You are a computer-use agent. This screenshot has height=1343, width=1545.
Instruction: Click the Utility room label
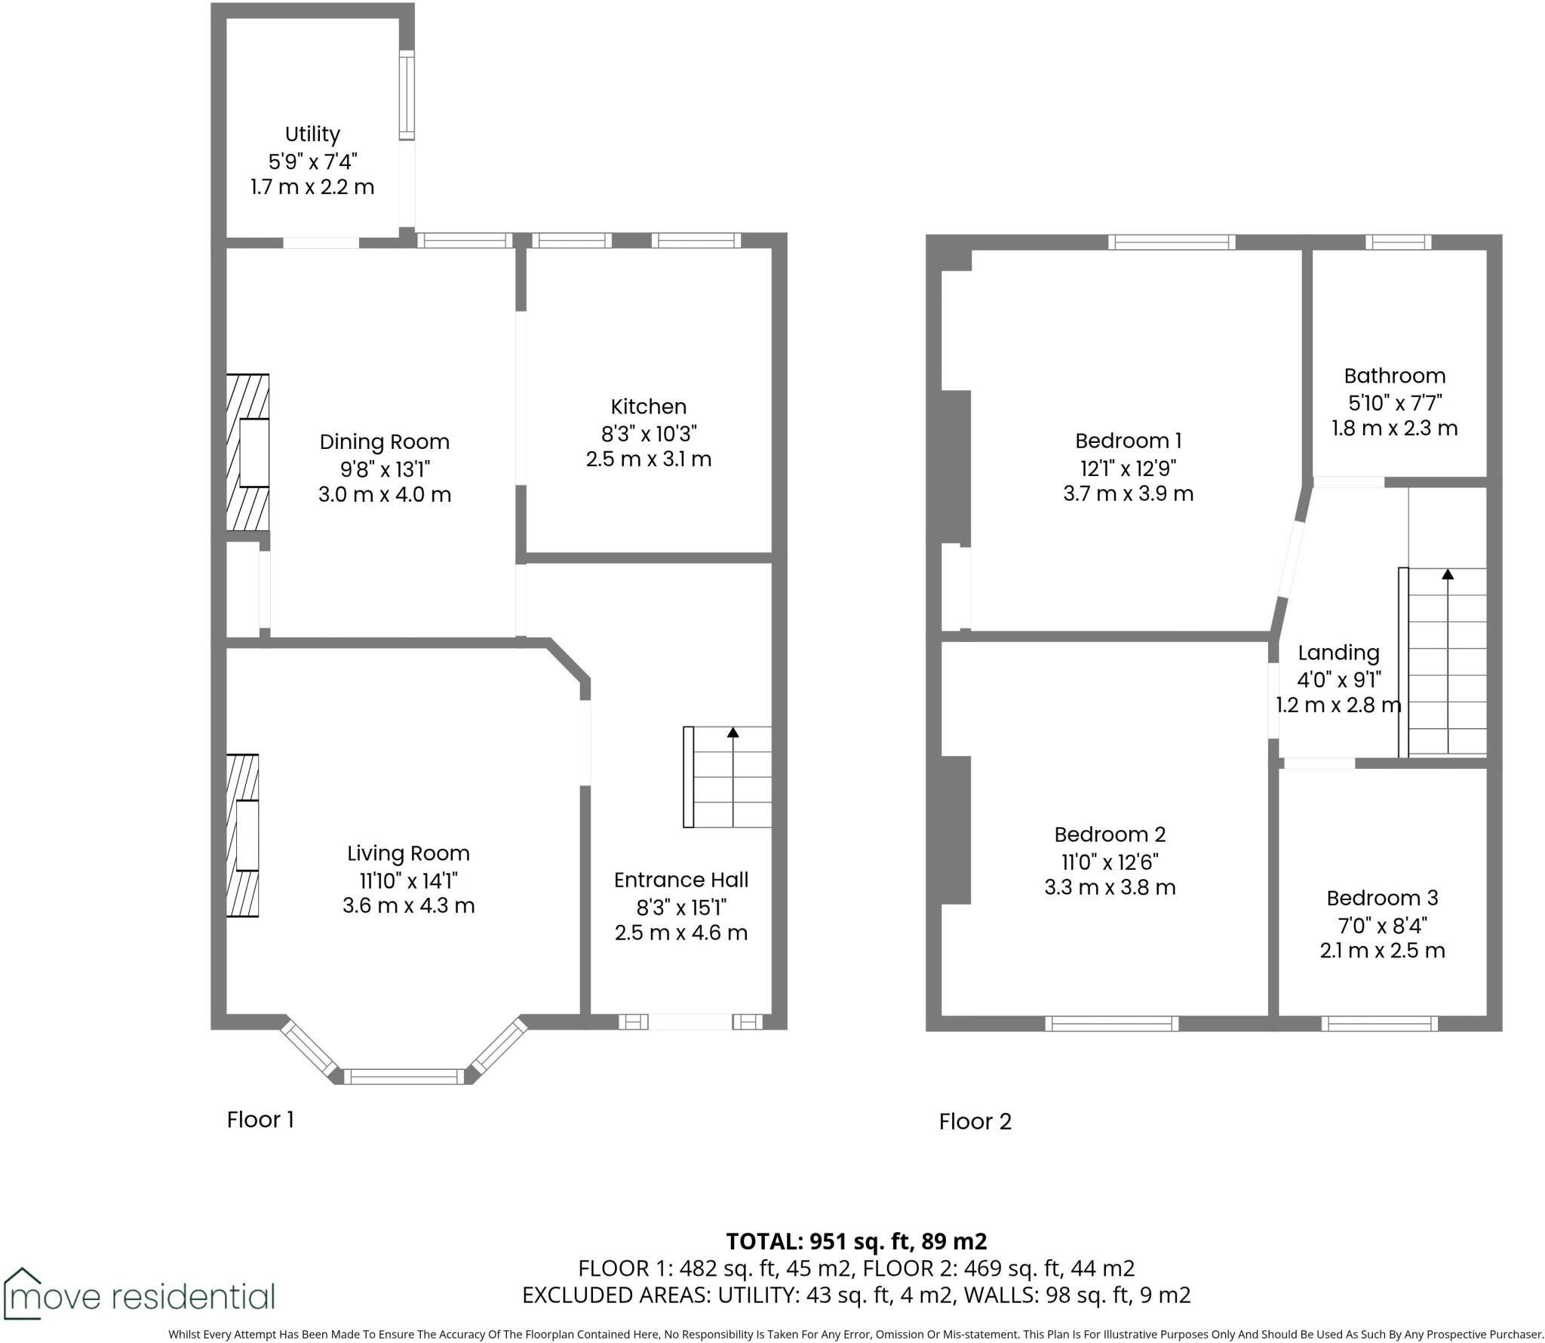coord(312,134)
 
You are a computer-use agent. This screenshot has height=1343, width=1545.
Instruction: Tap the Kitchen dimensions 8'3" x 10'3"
coord(648,433)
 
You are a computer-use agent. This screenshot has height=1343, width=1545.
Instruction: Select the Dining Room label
coord(384,442)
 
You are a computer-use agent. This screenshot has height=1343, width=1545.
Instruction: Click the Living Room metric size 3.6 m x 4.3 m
coord(408,905)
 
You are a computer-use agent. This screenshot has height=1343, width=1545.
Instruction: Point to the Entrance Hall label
coord(680,880)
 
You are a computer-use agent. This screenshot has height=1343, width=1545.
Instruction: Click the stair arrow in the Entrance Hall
coord(733,733)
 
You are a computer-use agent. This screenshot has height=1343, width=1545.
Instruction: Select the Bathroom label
coord(1394,376)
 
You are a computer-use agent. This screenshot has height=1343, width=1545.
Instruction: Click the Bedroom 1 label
coord(1128,441)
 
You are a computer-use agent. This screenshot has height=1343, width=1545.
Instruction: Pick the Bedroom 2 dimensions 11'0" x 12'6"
coord(1110,861)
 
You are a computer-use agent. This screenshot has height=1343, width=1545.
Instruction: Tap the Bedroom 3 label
coord(1382,898)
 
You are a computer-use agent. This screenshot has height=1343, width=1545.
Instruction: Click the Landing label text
coord(1338,653)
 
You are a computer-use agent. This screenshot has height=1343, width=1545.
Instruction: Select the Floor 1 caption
coord(260,1120)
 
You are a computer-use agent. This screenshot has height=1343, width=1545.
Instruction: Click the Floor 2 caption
coord(975,1122)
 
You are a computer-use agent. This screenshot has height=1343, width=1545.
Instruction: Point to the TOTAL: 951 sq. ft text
coord(855,1241)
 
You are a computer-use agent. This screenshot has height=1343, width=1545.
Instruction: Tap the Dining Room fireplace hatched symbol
coord(248,453)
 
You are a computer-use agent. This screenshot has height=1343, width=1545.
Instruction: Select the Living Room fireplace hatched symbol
coord(243,835)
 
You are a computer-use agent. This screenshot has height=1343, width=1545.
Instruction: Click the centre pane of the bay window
coord(404,1077)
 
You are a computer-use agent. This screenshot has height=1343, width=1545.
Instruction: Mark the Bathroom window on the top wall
coord(1398,242)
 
